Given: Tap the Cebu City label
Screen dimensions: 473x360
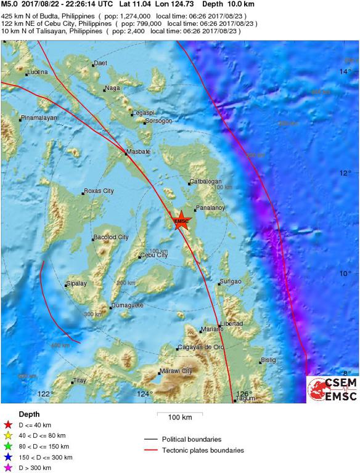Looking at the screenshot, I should [x=154, y=256].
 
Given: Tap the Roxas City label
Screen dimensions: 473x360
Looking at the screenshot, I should [x=99, y=192].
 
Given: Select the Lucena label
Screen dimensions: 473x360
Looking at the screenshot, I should [x=37, y=73].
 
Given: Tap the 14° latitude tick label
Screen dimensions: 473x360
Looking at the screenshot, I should [x=345, y=73].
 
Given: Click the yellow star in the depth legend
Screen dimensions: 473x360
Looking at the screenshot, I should [x=8, y=435].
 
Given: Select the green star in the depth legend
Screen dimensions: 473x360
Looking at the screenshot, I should [x=8, y=447].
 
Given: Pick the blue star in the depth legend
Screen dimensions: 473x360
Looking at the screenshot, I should [x=8, y=458].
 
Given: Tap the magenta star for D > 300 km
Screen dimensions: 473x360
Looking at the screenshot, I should [x=8, y=469].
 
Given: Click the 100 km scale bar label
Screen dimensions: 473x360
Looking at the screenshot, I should [x=181, y=418].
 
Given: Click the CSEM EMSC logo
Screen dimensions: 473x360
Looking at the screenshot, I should [x=332, y=389].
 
